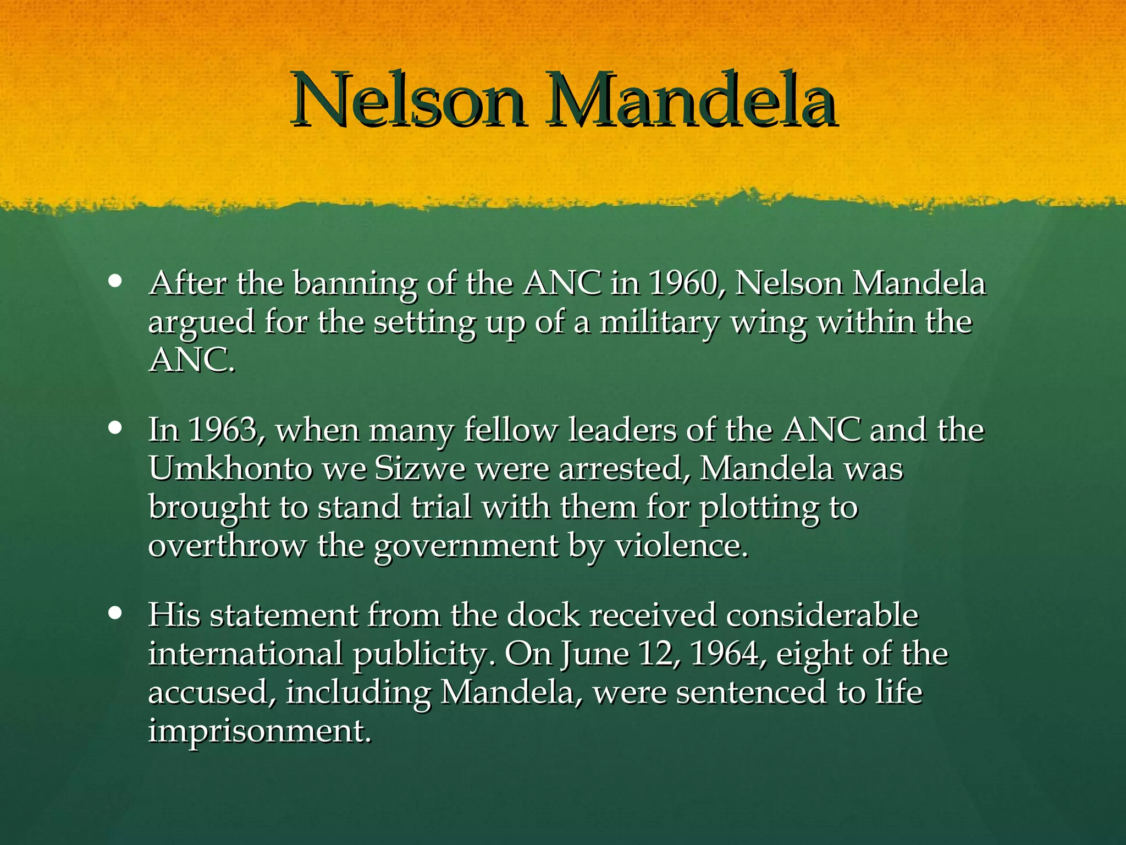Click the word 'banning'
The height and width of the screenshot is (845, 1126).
pos(355,285)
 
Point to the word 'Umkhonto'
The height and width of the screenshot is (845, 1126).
pos(230,469)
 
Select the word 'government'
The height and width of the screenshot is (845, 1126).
pos(466,547)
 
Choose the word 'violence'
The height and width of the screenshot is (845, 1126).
pos(681,546)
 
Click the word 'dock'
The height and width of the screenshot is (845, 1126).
pos(543,615)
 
